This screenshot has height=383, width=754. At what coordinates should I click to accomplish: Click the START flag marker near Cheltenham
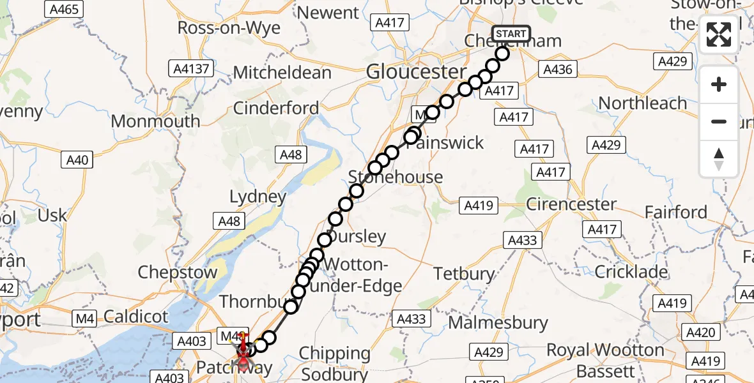coord(511,34)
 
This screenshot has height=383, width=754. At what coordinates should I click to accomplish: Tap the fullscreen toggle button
coord(719,34)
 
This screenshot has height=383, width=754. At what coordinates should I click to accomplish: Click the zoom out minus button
coord(719,122)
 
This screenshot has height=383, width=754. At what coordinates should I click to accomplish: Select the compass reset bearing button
coord(719,159)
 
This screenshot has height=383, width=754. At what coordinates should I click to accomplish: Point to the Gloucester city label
coord(416,71)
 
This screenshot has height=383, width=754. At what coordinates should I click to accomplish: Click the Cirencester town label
coord(571,204)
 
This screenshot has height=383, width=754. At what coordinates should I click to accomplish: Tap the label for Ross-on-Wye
coord(229,28)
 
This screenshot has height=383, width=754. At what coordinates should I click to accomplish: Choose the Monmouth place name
coord(155,121)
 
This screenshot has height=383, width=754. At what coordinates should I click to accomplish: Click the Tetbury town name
coord(464,274)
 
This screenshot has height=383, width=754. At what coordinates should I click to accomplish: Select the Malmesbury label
coord(498,322)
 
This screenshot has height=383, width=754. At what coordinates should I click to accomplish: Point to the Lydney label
coord(258,197)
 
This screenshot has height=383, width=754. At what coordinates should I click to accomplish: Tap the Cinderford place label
coord(275,108)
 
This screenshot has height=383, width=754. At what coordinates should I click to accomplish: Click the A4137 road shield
coord(191,68)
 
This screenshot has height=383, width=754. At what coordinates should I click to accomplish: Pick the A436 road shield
coord(558,69)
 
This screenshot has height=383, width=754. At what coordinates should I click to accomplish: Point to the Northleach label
coord(642,103)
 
